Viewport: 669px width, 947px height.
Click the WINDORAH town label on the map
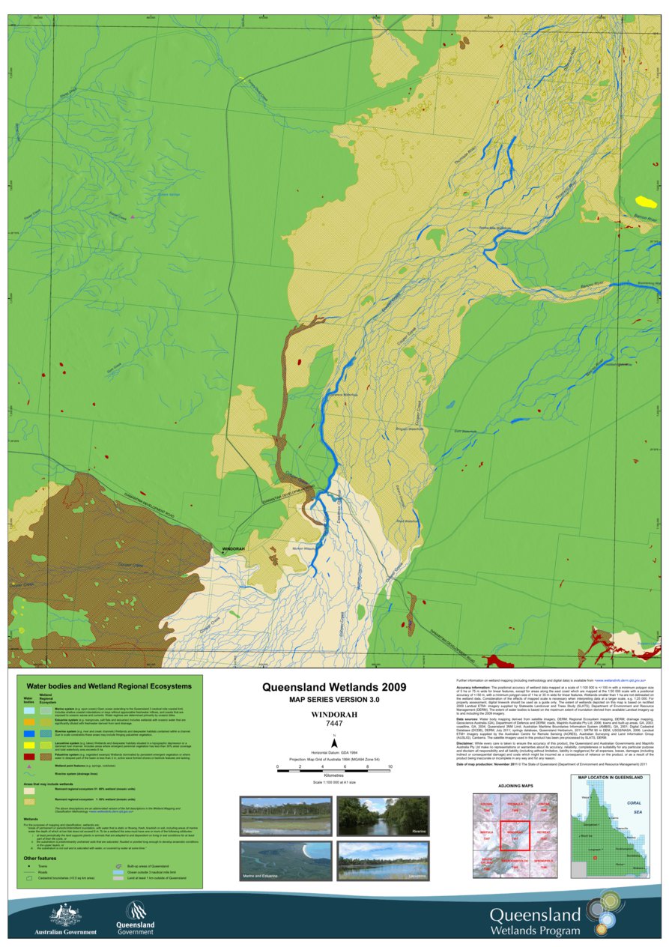point(233,549)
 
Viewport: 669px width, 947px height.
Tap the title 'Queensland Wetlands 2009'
point(333,686)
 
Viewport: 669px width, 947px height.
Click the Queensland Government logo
point(135,916)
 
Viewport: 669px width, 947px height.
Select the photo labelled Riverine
point(382,817)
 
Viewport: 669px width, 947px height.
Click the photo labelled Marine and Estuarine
point(285,861)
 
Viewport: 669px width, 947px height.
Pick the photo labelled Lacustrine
point(382,861)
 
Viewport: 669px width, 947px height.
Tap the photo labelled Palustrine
point(285,817)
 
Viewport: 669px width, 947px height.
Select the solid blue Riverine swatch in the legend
point(28,733)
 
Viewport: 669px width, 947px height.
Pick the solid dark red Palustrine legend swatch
point(28,757)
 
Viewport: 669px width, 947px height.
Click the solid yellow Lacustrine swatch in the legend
point(28,745)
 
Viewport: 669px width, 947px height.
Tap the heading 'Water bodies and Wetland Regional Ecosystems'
point(109,686)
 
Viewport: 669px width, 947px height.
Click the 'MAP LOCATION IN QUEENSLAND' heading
point(610,778)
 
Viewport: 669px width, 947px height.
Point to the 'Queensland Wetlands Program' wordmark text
point(535,922)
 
